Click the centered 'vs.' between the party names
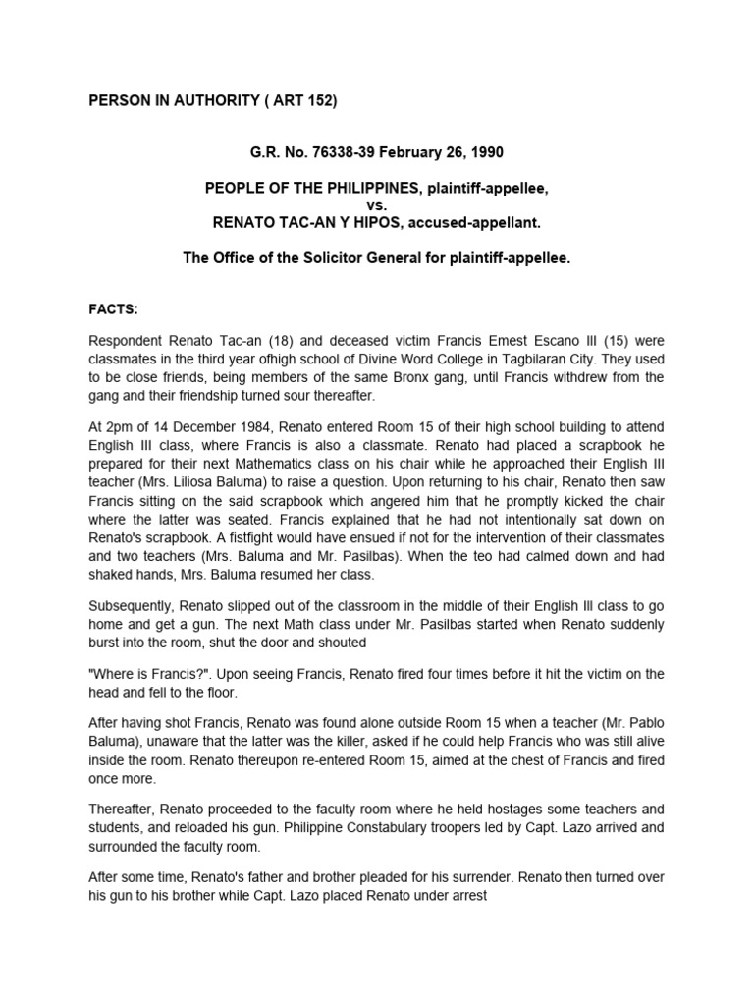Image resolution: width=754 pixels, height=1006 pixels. point(378,205)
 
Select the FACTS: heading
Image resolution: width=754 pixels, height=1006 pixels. point(116,308)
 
